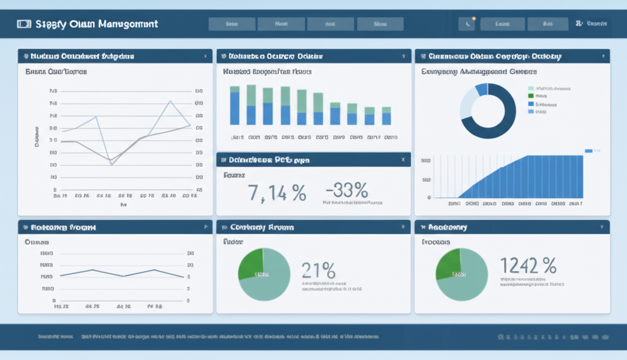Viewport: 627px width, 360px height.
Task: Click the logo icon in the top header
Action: (24, 24)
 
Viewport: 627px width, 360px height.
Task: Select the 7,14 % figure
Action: (277, 193)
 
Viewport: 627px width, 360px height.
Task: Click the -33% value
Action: (347, 191)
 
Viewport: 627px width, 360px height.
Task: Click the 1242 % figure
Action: (528, 266)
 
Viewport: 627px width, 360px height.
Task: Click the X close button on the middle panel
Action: (402, 160)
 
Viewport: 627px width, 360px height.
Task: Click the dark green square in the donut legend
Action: (531, 96)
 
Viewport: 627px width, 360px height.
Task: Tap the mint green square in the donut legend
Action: (531, 88)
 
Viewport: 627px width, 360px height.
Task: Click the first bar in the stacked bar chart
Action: (235, 108)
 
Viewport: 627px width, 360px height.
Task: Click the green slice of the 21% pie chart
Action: (251, 263)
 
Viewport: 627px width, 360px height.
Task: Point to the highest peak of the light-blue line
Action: (170, 101)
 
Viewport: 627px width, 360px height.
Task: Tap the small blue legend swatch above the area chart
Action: (589, 151)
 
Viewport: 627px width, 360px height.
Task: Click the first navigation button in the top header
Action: (231, 24)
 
